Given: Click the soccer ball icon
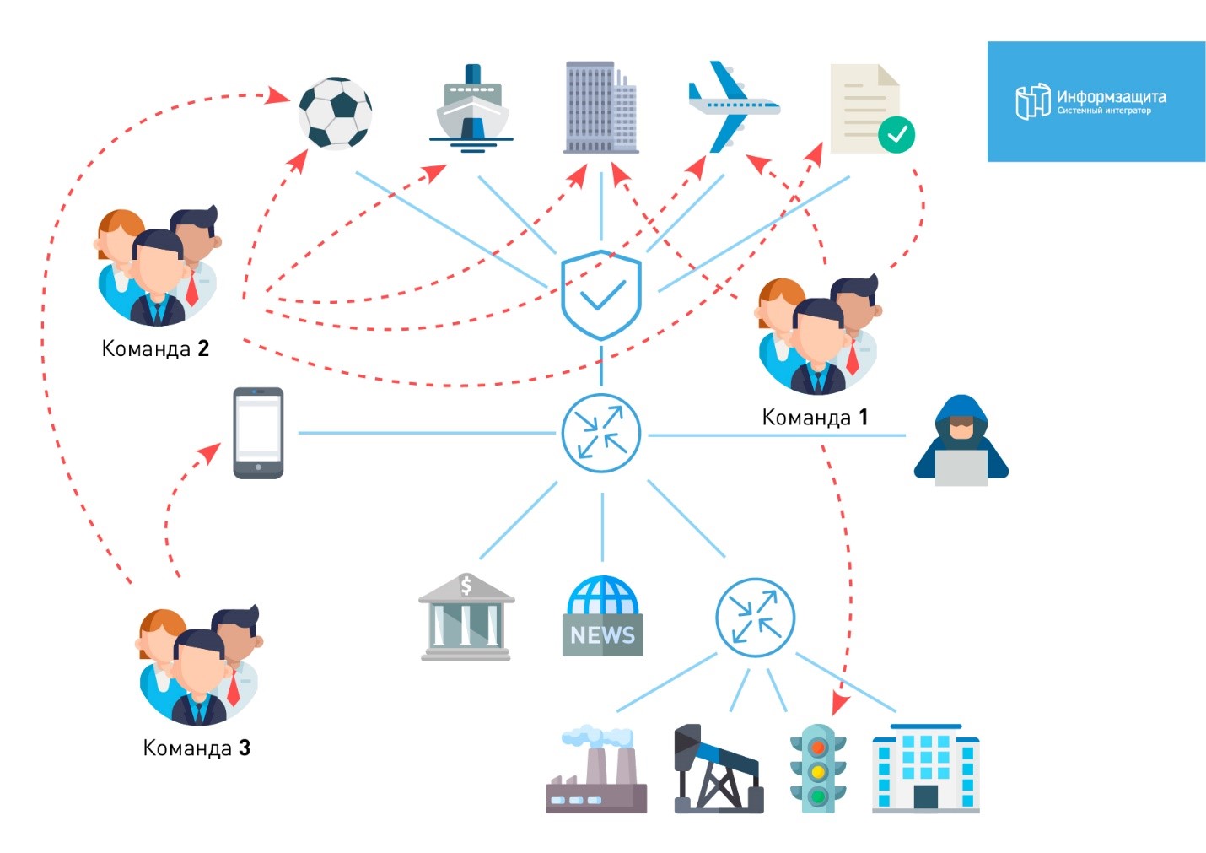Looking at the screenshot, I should click(335, 113).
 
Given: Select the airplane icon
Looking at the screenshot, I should click(730, 107).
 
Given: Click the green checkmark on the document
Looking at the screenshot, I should click(896, 135).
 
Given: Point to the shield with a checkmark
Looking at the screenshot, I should click(601, 294).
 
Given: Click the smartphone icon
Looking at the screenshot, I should click(258, 433).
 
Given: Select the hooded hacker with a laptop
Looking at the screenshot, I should click(961, 442).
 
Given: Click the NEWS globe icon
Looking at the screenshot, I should click(602, 617).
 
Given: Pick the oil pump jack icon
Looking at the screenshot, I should click(718, 769).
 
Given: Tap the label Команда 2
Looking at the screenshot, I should click(155, 348).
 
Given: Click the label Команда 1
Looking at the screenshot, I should click(815, 417).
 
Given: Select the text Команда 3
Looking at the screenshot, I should click(197, 748).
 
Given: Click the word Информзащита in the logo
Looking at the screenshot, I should click(1111, 96).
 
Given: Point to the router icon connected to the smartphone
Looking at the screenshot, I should click(601, 433).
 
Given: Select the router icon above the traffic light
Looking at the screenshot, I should click(755, 617).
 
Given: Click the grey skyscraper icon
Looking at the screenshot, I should click(600, 107).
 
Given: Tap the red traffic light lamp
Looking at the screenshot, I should click(817, 748).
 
